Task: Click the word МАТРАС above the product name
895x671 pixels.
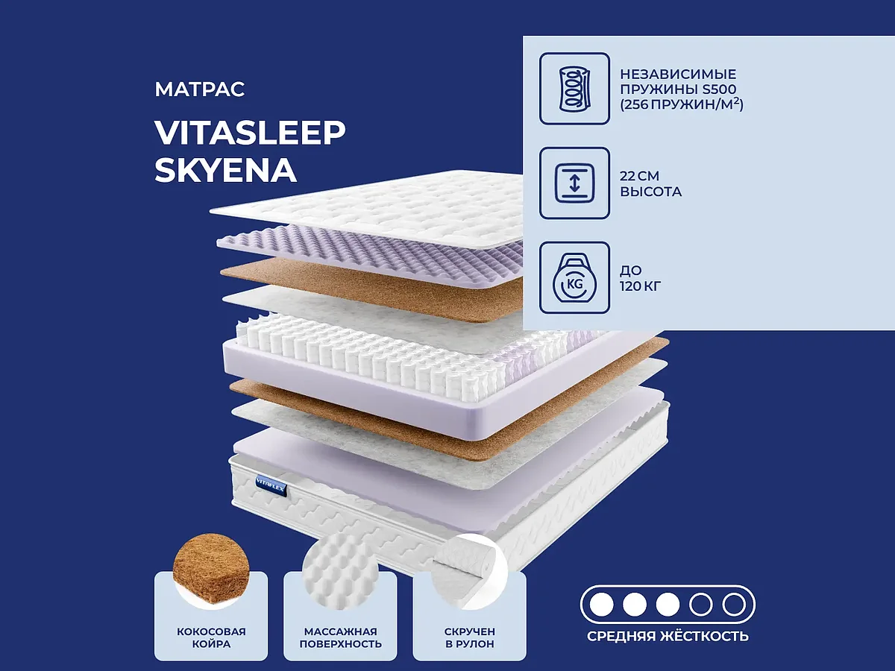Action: coord(200,90)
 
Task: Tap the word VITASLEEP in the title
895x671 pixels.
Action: coord(250,133)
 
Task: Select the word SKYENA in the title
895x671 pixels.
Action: coord(225,171)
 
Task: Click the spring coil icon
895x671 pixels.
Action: coord(574,88)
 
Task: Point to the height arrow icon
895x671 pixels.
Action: coord(574,183)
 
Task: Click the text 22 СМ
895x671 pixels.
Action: coord(640,175)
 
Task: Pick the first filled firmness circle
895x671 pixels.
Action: coord(601,603)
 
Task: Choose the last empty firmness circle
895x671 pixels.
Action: coord(734,603)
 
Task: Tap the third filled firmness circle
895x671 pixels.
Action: coord(668,603)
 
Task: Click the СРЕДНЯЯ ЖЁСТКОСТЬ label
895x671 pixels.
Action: coord(668,636)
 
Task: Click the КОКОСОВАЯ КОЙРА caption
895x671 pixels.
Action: coord(211,637)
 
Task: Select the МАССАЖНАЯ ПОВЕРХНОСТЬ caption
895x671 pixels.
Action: coord(340,637)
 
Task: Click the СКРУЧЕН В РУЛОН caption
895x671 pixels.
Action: coord(469,637)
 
